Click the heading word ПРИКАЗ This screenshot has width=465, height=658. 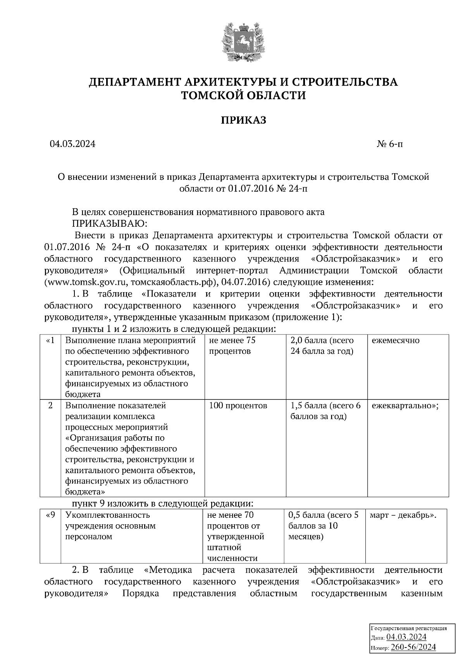pyautogui.click(x=243, y=121)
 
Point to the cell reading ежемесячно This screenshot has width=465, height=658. pyautogui.click(x=395, y=341)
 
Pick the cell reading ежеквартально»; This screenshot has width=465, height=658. pyautogui.click(x=405, y=406)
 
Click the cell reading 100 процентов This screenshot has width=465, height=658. pyautogui.click(x=238, y=406)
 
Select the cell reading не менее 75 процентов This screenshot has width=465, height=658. pyautogui.click(x=232, y=346)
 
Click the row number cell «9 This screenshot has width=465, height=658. pyautogui.click(x=51, y=515)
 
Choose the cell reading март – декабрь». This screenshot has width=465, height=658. pyautogui.click(x=403, y=515)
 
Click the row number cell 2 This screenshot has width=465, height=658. pyautogui.click(x=51, y=406)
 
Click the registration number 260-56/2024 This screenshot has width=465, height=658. pyautogui.click(x=413, y=647)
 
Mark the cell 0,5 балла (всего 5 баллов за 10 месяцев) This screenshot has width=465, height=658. pyautogui.click(x=324, y=526)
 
